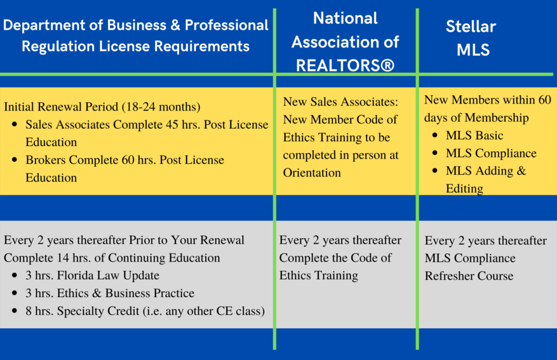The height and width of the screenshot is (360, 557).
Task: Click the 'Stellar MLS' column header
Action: pos(471,37)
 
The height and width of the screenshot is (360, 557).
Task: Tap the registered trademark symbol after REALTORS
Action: pos(387,65)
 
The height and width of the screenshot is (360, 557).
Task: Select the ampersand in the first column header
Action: pos(175,25)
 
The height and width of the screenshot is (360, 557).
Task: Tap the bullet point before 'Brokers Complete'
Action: pos(15,160)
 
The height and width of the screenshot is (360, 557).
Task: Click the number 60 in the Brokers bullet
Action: pos(128,160)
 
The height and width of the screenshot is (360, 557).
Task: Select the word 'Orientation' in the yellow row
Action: pos(312,173)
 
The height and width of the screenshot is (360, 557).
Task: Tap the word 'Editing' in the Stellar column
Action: pos(465,189)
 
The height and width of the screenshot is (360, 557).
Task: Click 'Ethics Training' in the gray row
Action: pos(319,276)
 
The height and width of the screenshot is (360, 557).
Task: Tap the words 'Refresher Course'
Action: pos(469,276)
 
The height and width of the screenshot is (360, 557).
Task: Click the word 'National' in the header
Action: pos(346,18)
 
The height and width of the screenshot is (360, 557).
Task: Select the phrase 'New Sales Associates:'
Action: pos(340,102)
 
